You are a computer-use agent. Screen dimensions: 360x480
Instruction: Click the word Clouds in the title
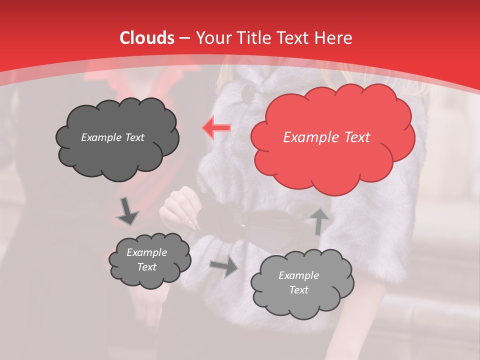[x=147, y=38]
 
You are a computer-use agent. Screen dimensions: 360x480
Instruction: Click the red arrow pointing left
[x=216, y=128]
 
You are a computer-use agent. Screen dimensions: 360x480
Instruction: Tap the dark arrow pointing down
[x=127, y=211]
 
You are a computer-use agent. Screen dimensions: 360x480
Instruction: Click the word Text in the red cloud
[x=356, y=137]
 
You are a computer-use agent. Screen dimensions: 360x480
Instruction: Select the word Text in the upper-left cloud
[x=133, y=137]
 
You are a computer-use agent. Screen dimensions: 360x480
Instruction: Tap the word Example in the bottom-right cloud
[x=298, y=275]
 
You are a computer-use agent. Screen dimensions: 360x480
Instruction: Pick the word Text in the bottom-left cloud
[x=146, y=267]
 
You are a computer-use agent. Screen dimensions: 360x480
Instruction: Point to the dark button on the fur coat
[x=248, y=92]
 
